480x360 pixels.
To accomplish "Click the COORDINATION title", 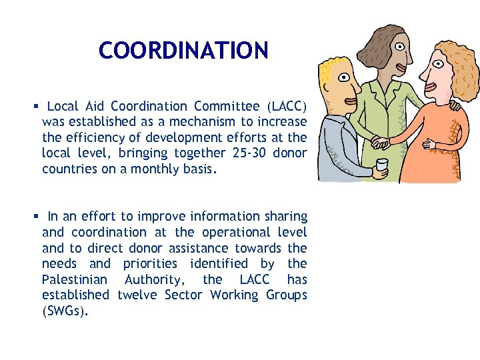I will pos(183,50).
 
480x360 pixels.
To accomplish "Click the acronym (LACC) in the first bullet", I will pos(287,106).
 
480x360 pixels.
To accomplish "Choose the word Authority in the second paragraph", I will pos(153,279).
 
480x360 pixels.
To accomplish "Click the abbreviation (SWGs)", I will pos(65,311).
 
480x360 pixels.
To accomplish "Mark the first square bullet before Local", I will pos(37,107).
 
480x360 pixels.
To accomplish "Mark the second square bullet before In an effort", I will pos(37,217).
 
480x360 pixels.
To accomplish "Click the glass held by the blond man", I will pos(382,167).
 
